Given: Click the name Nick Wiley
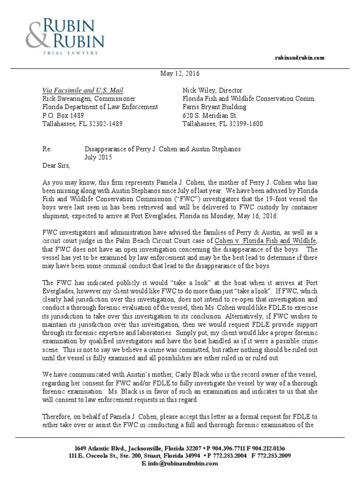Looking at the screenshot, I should (x=199, y=90).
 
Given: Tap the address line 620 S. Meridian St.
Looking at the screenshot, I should (x=210, y=116).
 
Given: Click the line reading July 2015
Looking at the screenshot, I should (x=98, y=157).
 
